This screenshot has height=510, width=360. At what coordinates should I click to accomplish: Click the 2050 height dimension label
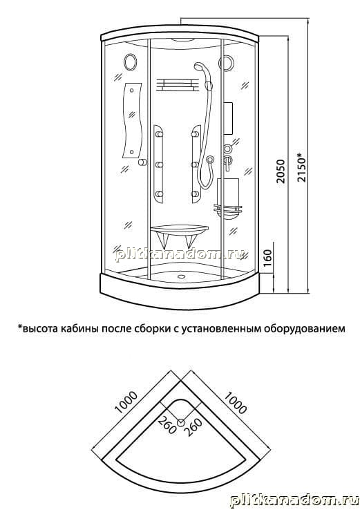pos(280,171)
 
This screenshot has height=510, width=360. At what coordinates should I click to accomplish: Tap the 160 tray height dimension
pos(268,258)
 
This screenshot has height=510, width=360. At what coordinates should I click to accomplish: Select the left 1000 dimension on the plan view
pos(126,402)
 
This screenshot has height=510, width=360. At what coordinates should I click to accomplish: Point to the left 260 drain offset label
pos(167,425)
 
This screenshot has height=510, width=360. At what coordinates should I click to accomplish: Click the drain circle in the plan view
pos(181,422)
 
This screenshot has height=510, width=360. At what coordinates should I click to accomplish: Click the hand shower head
pos(200,68)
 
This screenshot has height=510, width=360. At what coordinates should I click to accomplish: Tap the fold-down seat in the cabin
pos(179,236)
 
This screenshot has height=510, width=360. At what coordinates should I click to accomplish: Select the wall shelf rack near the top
pos(177,85)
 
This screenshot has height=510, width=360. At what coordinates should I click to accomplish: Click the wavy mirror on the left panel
pos(132,120)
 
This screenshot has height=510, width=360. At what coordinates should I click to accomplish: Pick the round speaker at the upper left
pos(131,61)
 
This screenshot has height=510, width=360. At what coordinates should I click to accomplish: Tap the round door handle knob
pos(142,162)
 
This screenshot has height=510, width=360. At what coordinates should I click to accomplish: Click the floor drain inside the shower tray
pos(180,277)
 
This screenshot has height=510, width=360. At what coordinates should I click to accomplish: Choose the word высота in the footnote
pos(39,329)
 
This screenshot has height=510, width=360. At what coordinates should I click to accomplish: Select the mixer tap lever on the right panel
pos(227,162)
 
